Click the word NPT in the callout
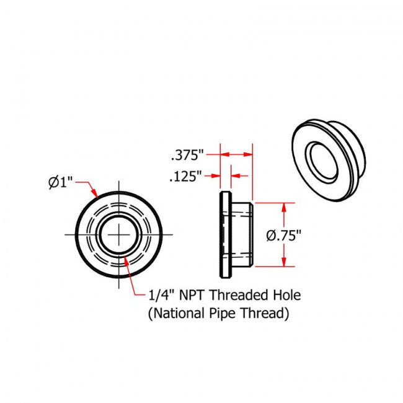[x=194, y=296]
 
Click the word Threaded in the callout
[x=242, y=296]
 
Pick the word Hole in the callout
[x=287, y=296]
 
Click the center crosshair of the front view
[x=118, y=234]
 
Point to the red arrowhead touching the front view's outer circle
[x=95, y=195]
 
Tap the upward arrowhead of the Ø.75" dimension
[x=285, y=206]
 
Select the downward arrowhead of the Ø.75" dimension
[x=285, y=262]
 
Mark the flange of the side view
[x=224, y=235]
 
